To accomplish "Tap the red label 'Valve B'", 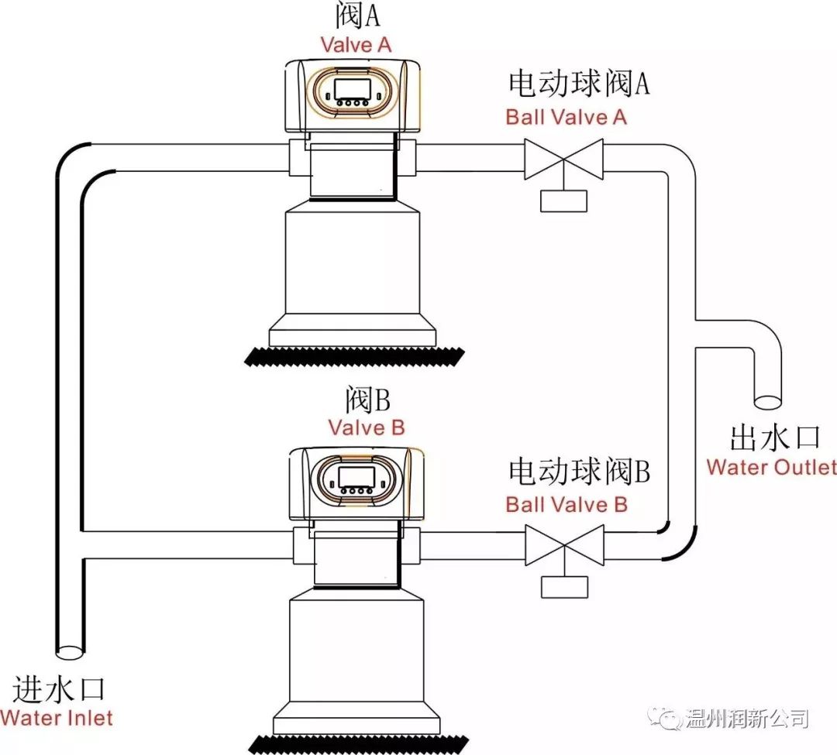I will point(366,427).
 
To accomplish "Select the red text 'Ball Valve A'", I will point(566,117).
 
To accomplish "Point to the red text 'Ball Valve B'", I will point(567,504).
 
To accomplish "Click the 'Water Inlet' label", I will point(57,717).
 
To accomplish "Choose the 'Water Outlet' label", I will point(771,467).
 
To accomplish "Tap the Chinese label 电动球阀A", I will point(578,84).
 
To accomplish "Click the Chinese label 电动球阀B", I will point(578,471).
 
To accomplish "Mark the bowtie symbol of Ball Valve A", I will point(564,159).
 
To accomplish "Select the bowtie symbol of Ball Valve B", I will point(564,545).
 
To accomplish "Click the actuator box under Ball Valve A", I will point(564,201).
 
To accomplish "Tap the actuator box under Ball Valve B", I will point(564,587).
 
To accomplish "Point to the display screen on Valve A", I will point(356,88).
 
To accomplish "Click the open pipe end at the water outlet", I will point(768,401).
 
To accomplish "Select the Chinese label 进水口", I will point(58,688).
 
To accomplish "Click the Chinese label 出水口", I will point(774,438).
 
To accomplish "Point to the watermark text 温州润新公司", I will point(748,719).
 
